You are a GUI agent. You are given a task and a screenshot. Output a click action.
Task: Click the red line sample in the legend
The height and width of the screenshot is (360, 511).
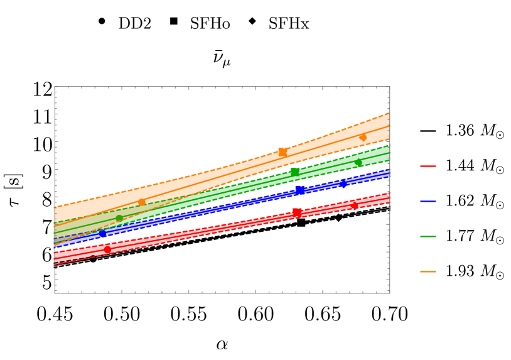click(x=428, y=166)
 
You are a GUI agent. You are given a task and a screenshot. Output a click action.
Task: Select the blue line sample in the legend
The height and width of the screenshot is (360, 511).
click(x=428, y=202)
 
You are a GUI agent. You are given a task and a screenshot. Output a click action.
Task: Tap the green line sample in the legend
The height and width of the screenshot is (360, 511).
click(x=428, y=237)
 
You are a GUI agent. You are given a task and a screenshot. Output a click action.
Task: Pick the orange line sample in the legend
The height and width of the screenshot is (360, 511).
click(x=428, y=272)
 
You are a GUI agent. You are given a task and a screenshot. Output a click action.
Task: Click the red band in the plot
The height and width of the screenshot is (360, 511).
click(x=220, y=229)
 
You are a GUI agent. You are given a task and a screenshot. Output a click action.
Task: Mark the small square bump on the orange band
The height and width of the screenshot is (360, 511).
click(x=283, y=150)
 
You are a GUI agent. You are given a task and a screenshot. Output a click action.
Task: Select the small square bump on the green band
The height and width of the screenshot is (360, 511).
click(x=294, y=170)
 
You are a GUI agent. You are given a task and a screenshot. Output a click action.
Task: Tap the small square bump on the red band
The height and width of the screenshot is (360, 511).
click(x=297, y=210)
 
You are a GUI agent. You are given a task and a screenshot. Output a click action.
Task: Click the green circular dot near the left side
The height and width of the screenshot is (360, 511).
click(x=119, y=218)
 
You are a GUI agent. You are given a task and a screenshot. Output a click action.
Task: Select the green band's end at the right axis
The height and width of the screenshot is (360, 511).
click(x=387, y=155)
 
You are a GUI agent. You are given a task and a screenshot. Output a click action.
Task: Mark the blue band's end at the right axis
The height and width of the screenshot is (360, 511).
click(x=387, y=174)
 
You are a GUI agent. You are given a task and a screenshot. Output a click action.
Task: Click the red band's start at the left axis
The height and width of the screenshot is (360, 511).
click(x=56, y=256)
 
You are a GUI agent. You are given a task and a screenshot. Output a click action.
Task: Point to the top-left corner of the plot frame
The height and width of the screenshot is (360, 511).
click(x=55, y=87)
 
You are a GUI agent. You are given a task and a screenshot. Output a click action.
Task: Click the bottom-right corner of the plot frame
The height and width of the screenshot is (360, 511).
click(x=389, y=293)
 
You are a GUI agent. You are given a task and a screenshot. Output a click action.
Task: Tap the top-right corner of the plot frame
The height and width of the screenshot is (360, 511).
click(x=389, y=87)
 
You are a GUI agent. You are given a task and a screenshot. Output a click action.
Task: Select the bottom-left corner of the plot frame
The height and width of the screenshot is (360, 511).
click(x=55, y=293)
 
